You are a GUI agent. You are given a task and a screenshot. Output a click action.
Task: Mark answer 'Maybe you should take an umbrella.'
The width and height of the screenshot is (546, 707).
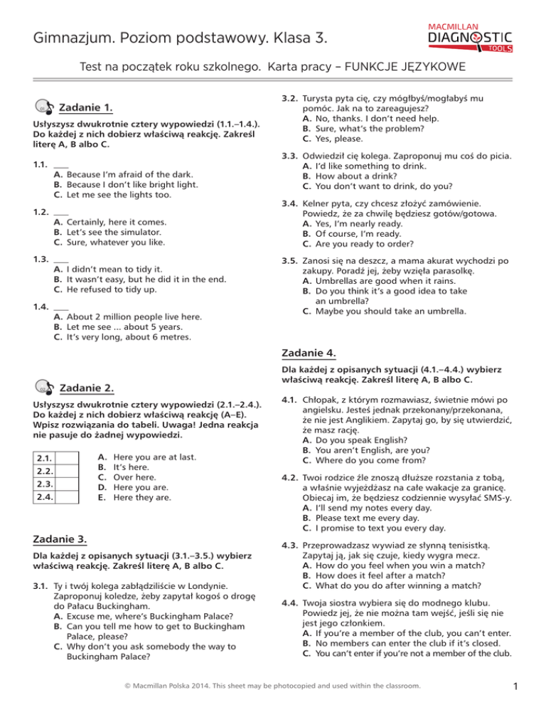click(386, 310)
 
